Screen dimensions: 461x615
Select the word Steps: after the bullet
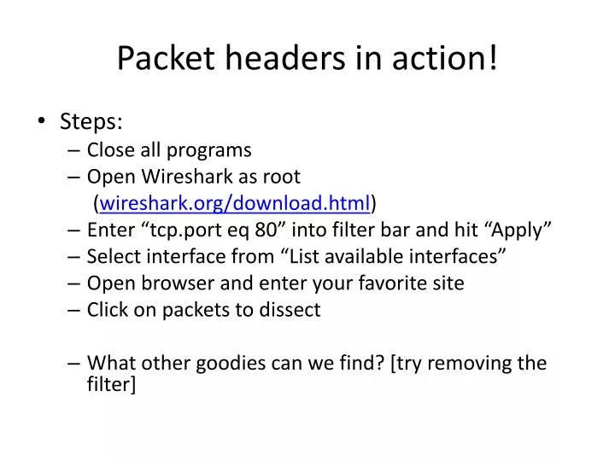(91, 121)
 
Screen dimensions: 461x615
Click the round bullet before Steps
(43, 122)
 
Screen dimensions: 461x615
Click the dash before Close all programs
(73, 150)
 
